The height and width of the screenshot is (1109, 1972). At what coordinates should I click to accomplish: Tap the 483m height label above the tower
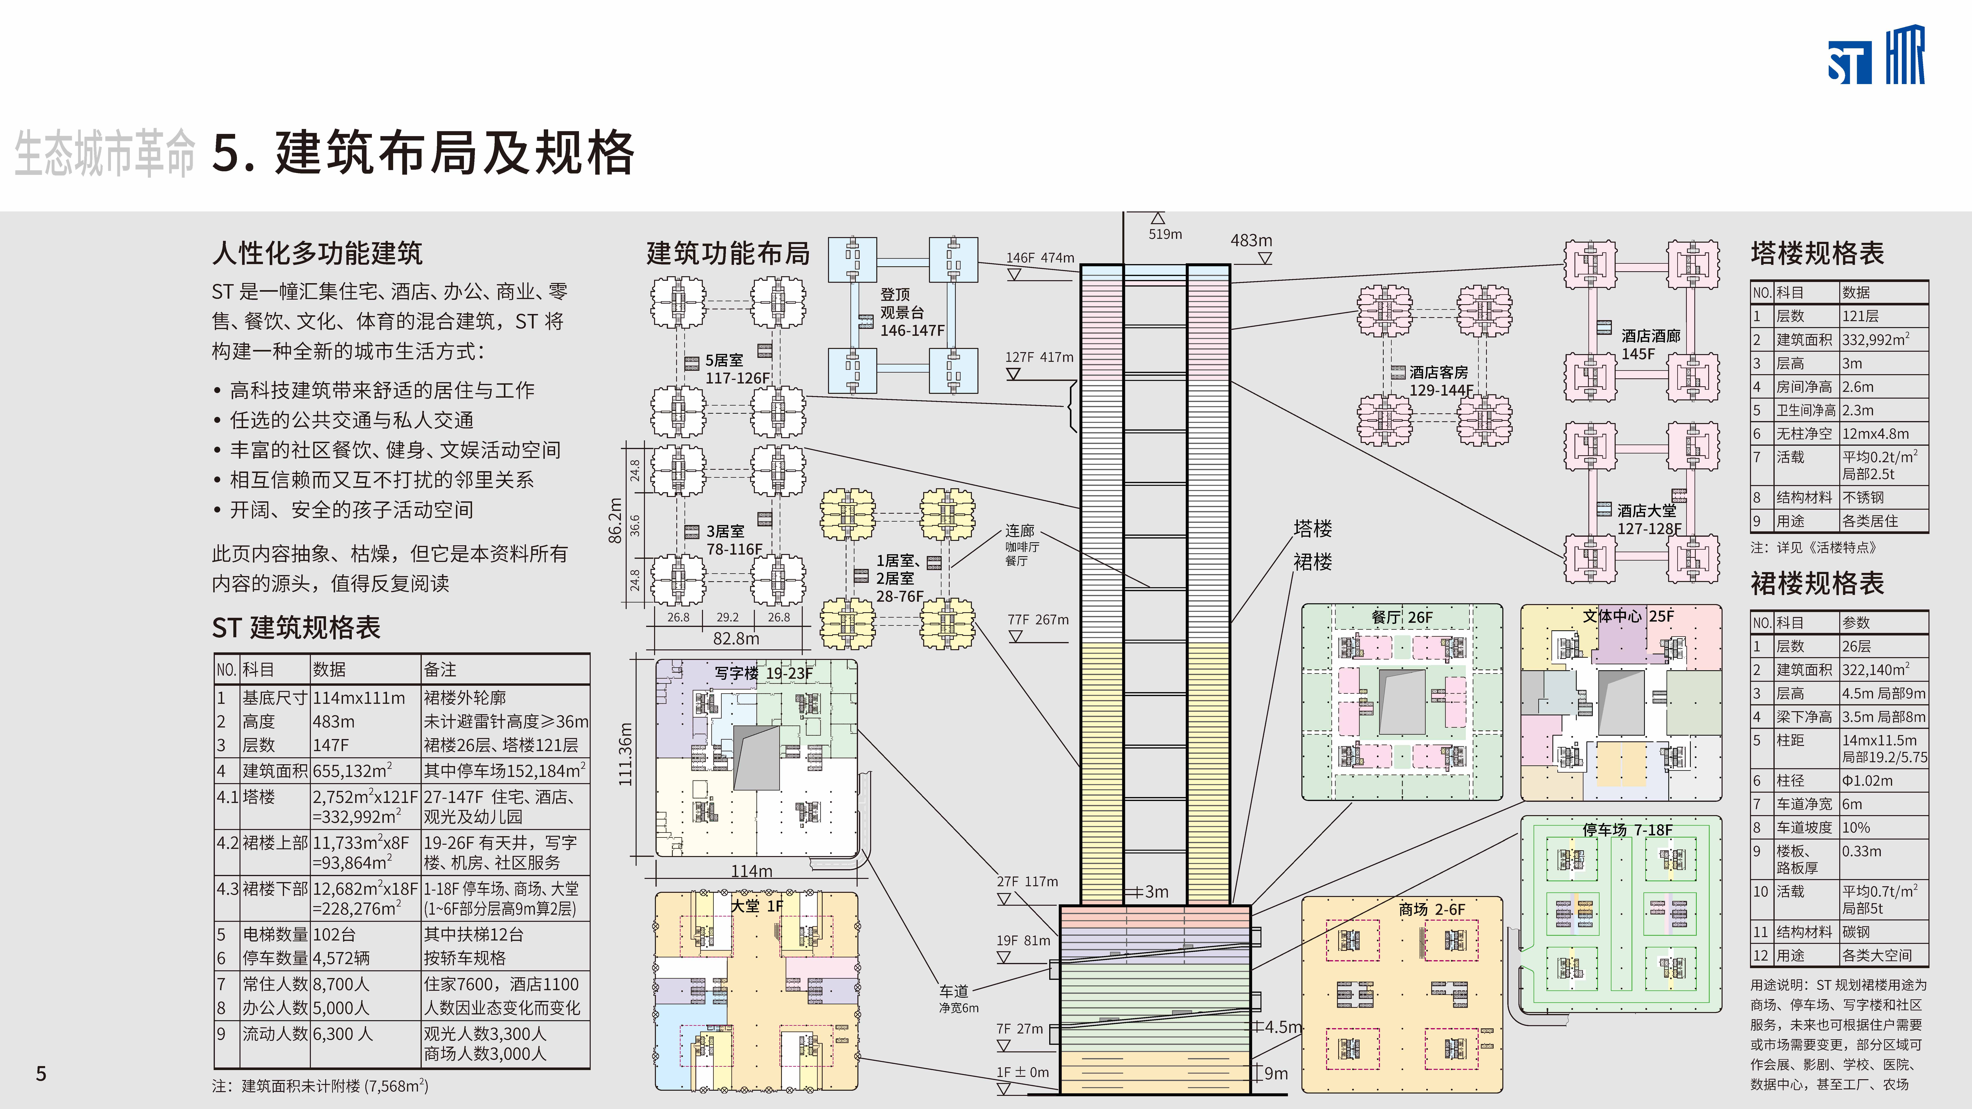coord(1251,240)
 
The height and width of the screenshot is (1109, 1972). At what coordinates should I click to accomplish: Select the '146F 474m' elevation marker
coord(1040,258)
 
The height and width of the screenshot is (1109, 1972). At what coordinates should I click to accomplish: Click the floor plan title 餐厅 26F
coord(1402,617)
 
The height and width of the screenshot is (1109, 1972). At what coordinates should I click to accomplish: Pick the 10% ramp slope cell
coord(1856,827)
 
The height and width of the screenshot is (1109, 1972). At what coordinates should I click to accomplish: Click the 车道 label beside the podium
coord(954,991)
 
